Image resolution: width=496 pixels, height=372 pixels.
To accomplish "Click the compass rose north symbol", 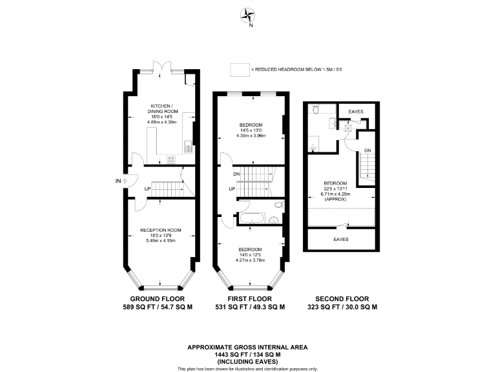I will coord(248,15).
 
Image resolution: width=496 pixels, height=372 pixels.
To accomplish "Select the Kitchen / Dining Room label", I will coord(161,108).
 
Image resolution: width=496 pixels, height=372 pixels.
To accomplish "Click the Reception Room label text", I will coord(161,230).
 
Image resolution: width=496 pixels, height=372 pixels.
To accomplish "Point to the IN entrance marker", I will coord(118,181).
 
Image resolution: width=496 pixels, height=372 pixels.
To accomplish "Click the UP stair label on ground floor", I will coord(148,189).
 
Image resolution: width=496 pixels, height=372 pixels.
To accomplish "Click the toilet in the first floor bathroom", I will coord(278,205).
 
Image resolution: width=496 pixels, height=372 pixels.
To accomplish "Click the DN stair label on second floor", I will coord(367,150).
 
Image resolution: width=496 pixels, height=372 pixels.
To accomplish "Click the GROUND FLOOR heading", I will coord(158,299).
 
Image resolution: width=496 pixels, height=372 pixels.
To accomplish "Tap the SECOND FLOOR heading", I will coord(342,299).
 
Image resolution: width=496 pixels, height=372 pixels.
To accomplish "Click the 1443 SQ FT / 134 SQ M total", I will coord(248,355).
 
